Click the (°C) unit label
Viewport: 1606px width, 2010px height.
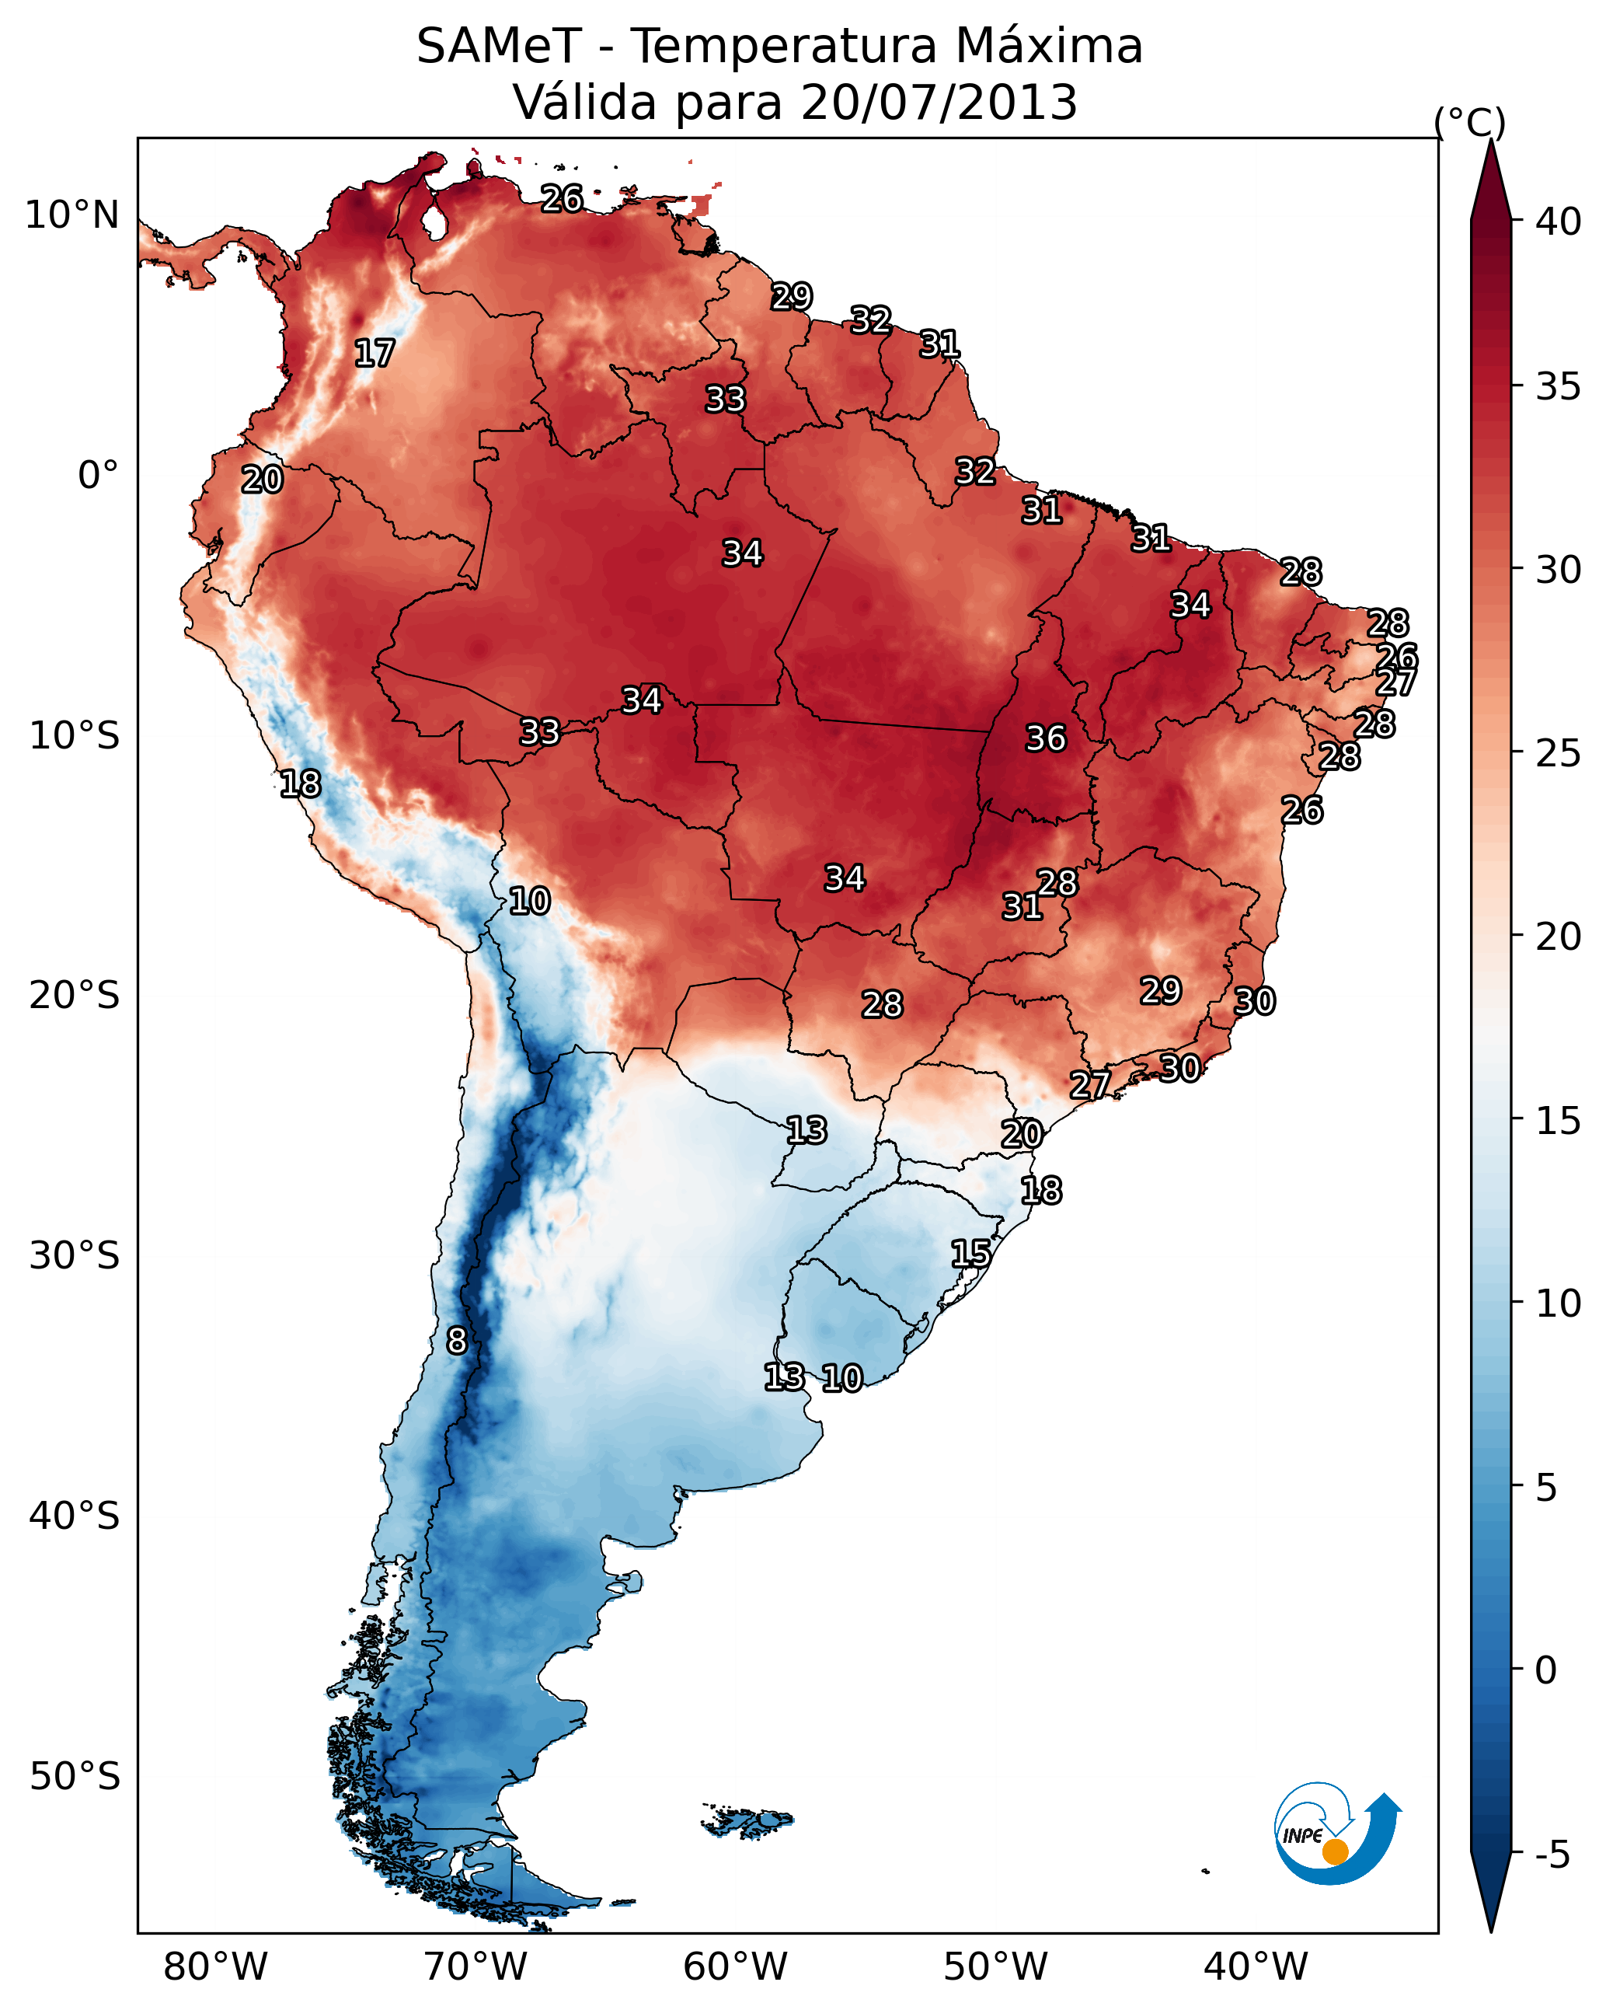coord(1470,122)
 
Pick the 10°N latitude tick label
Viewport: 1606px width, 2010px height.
coord(71,215)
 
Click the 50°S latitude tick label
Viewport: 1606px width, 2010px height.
coord(75,1777)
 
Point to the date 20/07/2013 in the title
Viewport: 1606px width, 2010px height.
coord(939,103)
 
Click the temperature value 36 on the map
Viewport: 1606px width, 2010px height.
coord(1046,738)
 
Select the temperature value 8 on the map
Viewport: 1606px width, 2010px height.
coord(457,1341)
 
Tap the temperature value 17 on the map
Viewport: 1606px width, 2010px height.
coord(375,354)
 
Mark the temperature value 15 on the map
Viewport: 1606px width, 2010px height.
coord(971,1253)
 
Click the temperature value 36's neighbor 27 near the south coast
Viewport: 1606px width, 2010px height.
coord(1089,1084)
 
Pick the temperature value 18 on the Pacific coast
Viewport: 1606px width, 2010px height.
coord(300,784)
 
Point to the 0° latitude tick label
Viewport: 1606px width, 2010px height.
coord(98,476)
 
